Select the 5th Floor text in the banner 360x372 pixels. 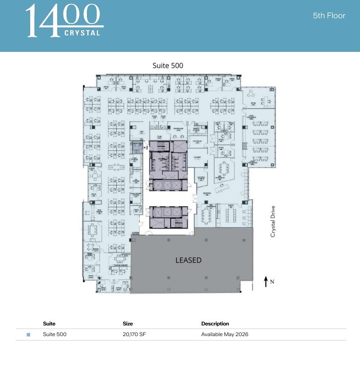[329, 16]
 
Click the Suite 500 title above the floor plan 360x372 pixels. [168, 66]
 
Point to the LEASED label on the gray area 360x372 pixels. [188, 260]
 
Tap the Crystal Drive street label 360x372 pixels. [273, 221]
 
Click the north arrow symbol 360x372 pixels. [266, 281]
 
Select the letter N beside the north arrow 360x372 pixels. [272, 282]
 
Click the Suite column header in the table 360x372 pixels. [49, 324]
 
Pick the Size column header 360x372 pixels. [128, 324]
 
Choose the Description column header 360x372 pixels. [215, 324]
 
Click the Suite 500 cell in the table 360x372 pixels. [55, 334]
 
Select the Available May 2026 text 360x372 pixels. [224, 334]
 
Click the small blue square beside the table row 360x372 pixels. [28, 335]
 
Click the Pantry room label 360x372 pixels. [231, 205]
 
